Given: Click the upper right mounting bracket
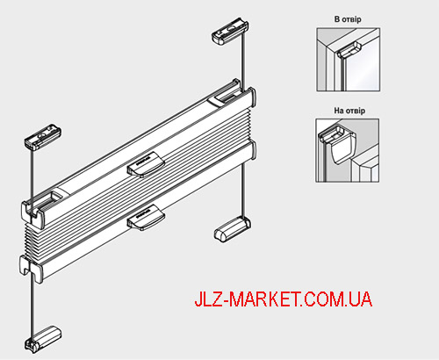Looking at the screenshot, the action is tap(230, 31).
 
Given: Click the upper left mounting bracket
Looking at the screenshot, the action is tap(43, 137).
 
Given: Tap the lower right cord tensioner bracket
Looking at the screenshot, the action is tap(233, 229).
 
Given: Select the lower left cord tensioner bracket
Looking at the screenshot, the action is tap(43, 339).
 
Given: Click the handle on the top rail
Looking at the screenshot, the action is tap(146, 165).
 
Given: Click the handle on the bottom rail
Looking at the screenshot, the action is tap(146, 217).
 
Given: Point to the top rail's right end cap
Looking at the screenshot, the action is tap(252, 97).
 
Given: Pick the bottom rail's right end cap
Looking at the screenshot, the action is tap(252, 150).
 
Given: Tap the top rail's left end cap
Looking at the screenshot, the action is tap(32, 213).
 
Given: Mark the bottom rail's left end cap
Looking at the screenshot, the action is tap(32, 269).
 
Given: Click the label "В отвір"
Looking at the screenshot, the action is tap(348, 19).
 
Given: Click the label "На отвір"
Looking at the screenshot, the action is tap(349, 111).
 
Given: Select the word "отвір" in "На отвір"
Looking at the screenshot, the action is tap(356, 111).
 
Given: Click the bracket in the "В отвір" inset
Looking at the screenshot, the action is tap(349, 50).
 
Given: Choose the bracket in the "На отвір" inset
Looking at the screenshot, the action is tap(340, 143).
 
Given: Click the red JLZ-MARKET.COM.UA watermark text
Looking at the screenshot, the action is tap(284, 299).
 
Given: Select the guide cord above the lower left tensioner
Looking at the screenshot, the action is tap(32, 306).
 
